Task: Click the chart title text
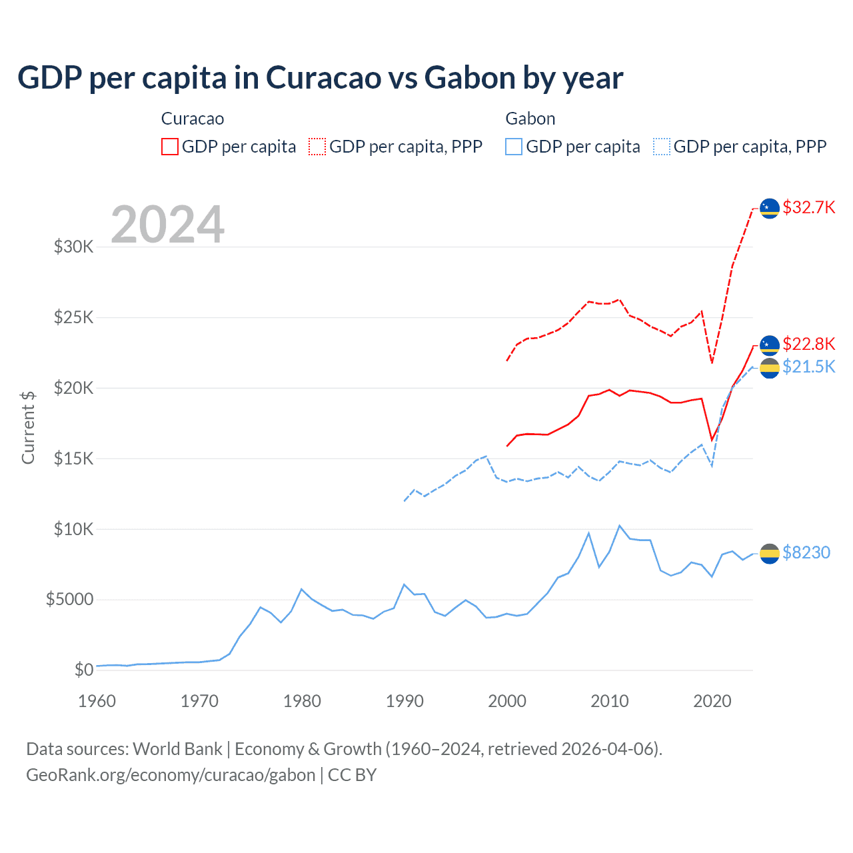click(320, 78)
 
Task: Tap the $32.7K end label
click(808, 208)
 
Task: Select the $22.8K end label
click(808, 344)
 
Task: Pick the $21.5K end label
click(808, 367)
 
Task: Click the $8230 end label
click(806, 552)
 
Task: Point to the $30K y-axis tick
click(73, 247)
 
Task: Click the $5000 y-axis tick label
click(69, 600)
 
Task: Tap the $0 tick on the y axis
click(83, 670)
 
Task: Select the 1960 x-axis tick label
click(97, 701)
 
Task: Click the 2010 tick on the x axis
click(610, 701)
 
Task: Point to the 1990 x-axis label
click(405, 701)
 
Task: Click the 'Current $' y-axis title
click(28, 428)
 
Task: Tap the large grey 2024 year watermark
click(167, 225)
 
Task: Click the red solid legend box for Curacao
click(170, 147)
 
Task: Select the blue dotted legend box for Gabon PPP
click(662, 147)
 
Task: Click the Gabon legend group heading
click(530, 119)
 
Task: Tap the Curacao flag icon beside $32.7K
click(770, 208)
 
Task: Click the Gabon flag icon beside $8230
click(770, 553)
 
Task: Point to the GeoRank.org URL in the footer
click(171, 775)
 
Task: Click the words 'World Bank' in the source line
click(177, 749)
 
